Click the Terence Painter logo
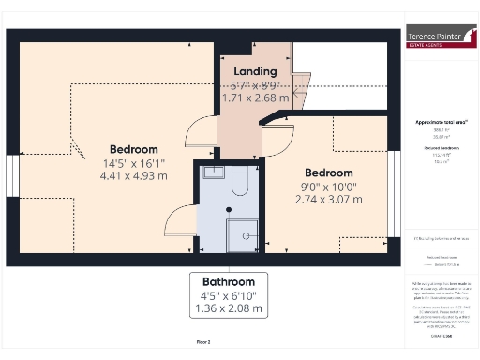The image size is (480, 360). coord(439,38)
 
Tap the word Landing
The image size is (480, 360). coord(254,71)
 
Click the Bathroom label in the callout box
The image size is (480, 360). coord(230,282)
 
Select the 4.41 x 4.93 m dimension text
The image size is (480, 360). coord(134,175)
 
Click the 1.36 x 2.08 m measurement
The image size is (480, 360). coord(230,308)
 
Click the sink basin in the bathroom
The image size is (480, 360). coord(211,172)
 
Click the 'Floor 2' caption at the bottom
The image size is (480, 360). coord(203,343)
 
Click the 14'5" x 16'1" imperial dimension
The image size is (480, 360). coord(134,162)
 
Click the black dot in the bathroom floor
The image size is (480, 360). coord(230,209)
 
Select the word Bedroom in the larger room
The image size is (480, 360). coord(134,149)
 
